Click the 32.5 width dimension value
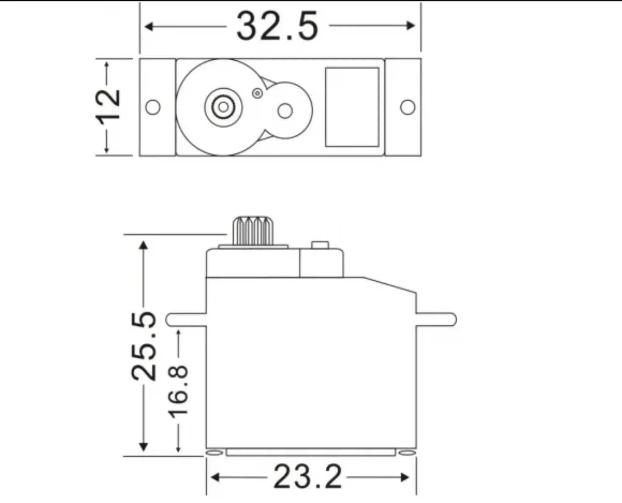(x=277, y=26)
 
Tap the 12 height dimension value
(x=108, y=107)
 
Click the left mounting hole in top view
(x=153, y=107)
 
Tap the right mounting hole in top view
(x=408, y=107)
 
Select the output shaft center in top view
(x=223, y=107)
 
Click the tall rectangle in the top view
(x=352, y=107)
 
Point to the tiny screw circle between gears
(x=257, y=93)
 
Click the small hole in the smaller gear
(x=285, y=111)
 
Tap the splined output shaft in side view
(x=253, y=231)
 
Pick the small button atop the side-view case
(x=320, y=245)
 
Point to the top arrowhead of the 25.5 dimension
(x=143, y=245)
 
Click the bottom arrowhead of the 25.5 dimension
(x=143, y=447)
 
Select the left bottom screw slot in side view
(x=214, y=453)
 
